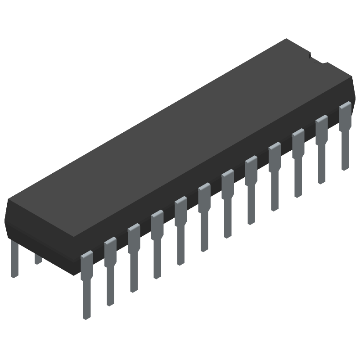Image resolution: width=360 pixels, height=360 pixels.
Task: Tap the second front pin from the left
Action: [x=110, y=265]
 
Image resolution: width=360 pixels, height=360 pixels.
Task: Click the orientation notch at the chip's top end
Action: [x=310, y=56]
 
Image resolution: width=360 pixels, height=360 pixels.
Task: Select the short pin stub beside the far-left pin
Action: [x=38, y=258]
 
